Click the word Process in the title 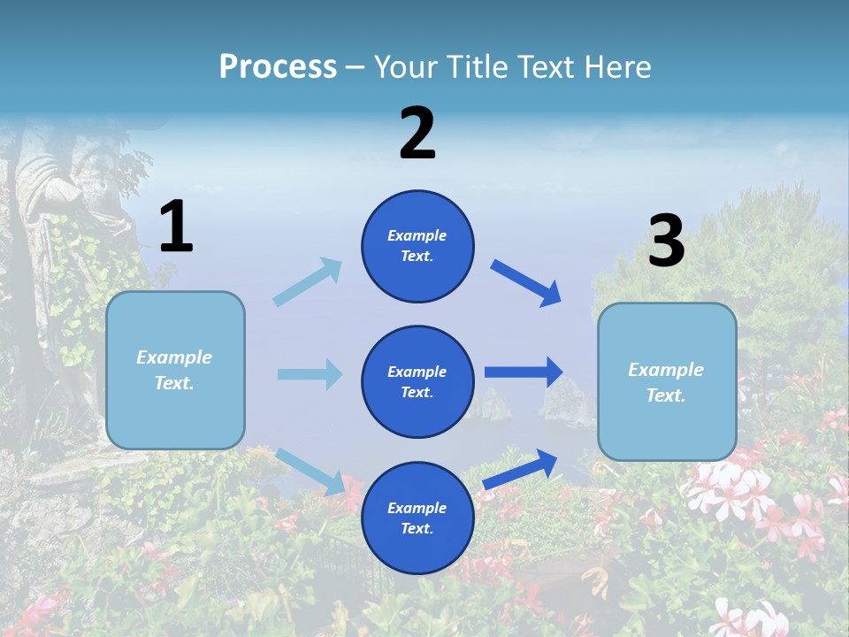coord(278,66)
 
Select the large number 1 coord(176,226)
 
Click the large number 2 coord(417,133)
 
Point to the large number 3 coord(666,241)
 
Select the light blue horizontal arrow coord(310,374)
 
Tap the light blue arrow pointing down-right coord(310,472)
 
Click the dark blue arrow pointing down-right coord(526,282)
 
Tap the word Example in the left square coord(174,357)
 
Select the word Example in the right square coord(666,370)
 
